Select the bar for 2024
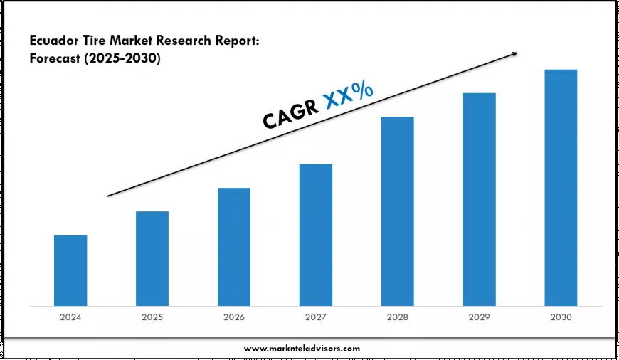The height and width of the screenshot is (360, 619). pyautogui.click(x=70, y=270)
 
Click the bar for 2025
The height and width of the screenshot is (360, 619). pyautogui.click(x=152, y=258)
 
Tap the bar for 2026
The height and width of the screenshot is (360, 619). pyautogui.click(x=234, y=247)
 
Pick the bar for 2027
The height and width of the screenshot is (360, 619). pyautogui.click(x=316, y=235)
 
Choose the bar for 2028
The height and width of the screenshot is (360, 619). pyautogui.click(x=397, y=211)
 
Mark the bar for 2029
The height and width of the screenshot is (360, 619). pyautogui.click(x=479, y=199)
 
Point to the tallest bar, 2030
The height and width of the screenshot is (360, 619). pyautogui.click(x=561, y=188)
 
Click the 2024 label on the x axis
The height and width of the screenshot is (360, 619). pyautogui.click(x=70, y=317)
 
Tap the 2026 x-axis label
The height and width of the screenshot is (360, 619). pyautogui.click(x=234, y=317)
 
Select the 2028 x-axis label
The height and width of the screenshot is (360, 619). pyautogui.click(x=397, y=317)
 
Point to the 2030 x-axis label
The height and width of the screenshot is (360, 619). pyautogui.click(x=561, y=317)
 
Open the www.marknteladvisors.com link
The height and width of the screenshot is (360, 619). pyautogui.click(x=302, y=348)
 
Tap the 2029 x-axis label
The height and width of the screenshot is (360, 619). pyautogui.click(x=479, y=317)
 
